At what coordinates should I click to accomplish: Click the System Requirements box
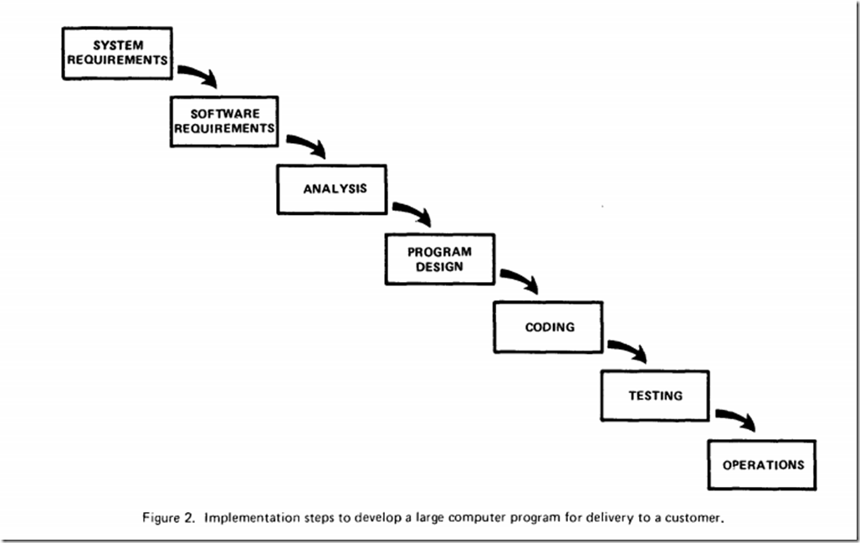tap(117, 54)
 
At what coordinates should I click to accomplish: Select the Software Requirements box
tap(224, 121)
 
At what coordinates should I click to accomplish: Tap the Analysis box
tap(332, 189)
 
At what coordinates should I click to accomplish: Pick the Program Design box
tap(440, 259)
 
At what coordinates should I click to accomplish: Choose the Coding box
tap(549, 327)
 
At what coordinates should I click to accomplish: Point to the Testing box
tap(655, 396)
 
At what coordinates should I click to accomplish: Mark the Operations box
tap(762, 464)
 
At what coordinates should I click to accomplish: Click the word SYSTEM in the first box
tap(118, 45)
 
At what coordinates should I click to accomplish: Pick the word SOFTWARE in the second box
tap(225, 114)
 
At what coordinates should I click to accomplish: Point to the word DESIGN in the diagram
tap(439, 267)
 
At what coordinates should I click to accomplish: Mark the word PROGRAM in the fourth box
tap(439, 252)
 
